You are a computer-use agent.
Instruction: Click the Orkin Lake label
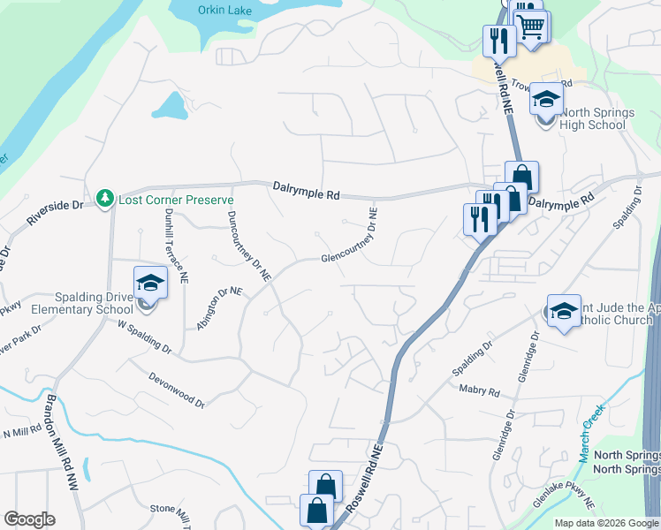(224, 11)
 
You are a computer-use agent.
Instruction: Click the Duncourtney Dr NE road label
(250, 246)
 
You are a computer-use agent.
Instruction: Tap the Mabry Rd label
(480, 390)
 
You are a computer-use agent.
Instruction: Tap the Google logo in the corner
(29, 519)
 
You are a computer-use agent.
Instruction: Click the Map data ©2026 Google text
(606, 523)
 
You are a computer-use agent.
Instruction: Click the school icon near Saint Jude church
(564, 311)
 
